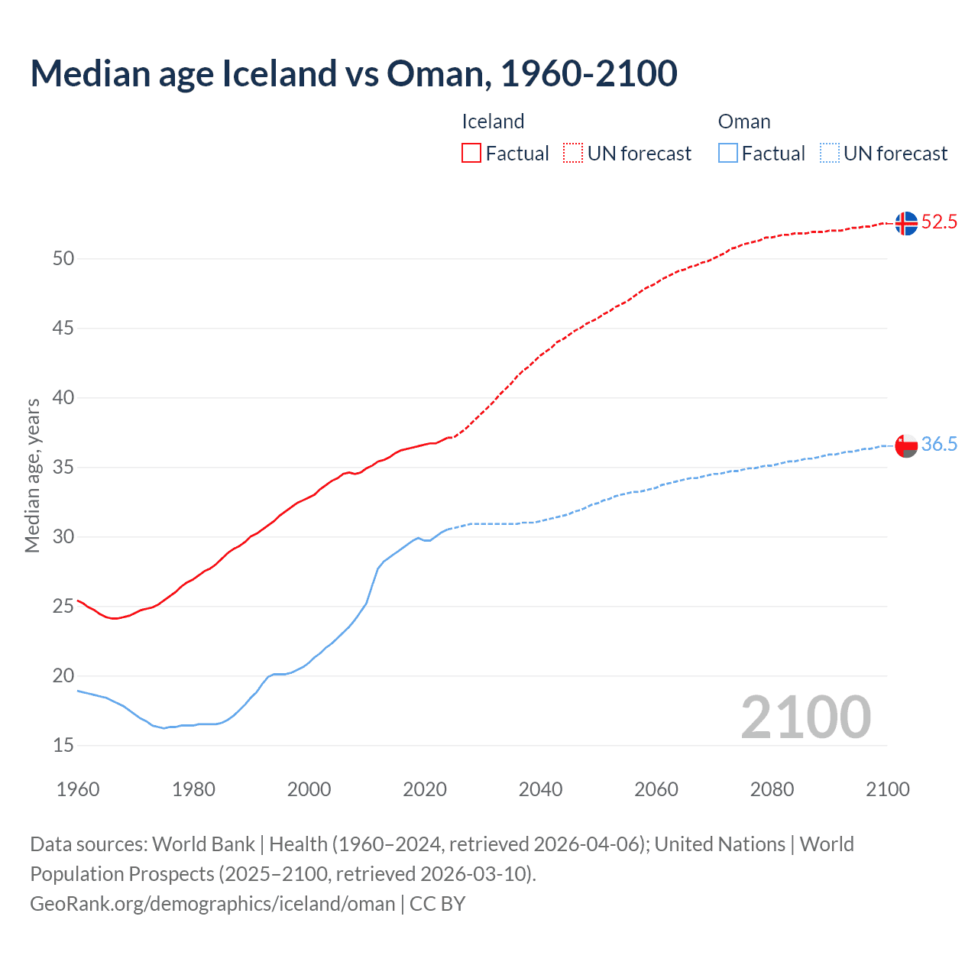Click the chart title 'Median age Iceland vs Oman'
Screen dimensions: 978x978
[x=353, y=73]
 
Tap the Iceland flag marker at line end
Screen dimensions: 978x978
[x=906, y=223]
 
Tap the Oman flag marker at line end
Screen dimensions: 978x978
[x=906, y=445]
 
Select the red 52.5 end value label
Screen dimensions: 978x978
[x=939, y=222]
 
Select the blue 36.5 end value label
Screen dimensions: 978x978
[x=939, y=445]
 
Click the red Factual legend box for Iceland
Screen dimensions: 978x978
[x=471, y=154]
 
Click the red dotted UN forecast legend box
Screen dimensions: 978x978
[x=573, y=154]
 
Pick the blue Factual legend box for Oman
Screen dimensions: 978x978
[x=727, y=154]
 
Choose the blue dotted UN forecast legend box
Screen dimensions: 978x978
[x=829, y=154]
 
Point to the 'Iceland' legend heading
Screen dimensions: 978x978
[x=493, y=121]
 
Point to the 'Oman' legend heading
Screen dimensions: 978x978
[x=744, y=121]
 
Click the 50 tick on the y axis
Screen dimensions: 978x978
[x=63, y=259]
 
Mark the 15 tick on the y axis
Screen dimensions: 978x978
[x=63, y=746]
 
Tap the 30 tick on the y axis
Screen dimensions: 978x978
[x=63, y=537]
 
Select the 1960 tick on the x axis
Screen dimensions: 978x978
[x=78, y=789]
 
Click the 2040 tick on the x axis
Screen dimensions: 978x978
[x=540, y=789]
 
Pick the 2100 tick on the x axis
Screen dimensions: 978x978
[x=887, y=789]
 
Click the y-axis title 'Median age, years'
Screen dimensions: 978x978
[x=33, y=475]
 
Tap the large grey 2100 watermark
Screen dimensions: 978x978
[x=805, y=717]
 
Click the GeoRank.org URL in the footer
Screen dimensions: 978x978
[x=212, y=904]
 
